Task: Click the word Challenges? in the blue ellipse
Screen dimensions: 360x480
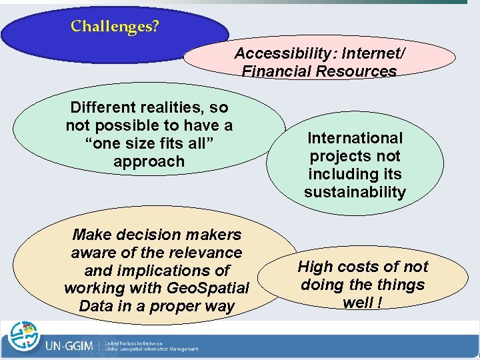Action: click(x=115, y=27)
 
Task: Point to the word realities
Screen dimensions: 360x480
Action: click(x=173, y=107)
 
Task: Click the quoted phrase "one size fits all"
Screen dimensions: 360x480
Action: click(x=150, y=143)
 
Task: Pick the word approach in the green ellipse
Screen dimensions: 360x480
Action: click(x=149, y=161)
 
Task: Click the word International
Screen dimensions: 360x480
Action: click(x=355, y=138)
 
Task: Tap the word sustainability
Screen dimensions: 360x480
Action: click(x=355, y=192)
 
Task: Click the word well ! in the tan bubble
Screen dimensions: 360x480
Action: click(x=362, y=303)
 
